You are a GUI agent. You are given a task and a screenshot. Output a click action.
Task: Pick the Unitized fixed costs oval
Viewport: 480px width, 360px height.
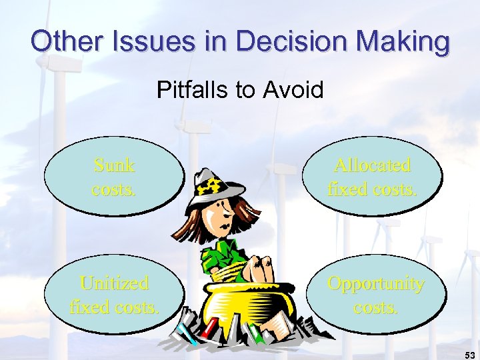(114, 294)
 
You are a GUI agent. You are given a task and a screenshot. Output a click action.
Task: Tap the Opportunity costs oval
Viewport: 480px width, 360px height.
(375, 294)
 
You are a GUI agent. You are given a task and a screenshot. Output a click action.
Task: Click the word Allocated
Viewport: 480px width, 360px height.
(372, 165)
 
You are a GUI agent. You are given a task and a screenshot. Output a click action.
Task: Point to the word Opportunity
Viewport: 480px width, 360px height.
(375, 283)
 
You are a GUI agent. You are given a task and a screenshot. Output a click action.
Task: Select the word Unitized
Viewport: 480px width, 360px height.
(114, 283)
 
